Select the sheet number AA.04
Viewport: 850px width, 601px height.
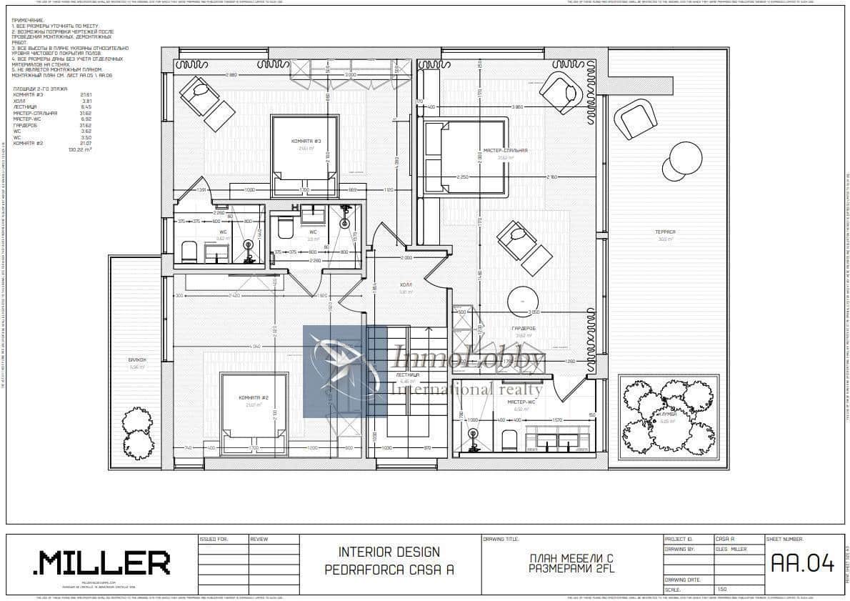pyautogui.click(x=802, y=564)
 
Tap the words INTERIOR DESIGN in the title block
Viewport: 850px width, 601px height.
pyautogui.click(x=389, y=552)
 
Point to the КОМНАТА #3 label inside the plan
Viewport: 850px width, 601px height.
pyautogui.click(x=304, y=141)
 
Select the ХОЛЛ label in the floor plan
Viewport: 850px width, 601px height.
pyautogui.click(x=406, y=284)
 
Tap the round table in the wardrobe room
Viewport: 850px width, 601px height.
pyautogui.click(x=523, y=301)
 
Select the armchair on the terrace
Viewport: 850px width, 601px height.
pyautogui.click(x=635, y=118)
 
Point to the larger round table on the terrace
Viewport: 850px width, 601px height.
pyautogui.click(x=686, y=158)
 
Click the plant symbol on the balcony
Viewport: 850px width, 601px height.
pyautogui.click(x=137, y=432)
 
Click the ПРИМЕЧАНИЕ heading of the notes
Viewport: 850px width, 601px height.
pyautogui.click(x=28, y=21)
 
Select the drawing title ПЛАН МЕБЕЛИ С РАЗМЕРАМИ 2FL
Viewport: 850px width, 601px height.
pyautogui.click(x=571, y=563)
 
